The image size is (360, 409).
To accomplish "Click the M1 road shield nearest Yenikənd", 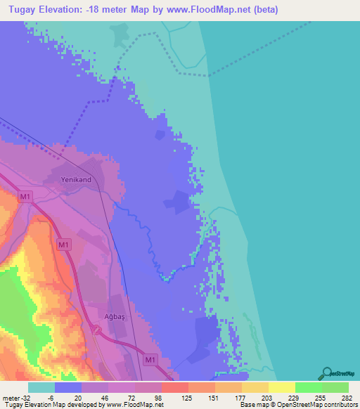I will (25, 198).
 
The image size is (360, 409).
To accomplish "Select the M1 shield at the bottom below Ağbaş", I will (148, 360).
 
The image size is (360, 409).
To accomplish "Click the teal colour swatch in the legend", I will (41, 387).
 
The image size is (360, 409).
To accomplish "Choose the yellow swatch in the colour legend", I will (281, 387).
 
